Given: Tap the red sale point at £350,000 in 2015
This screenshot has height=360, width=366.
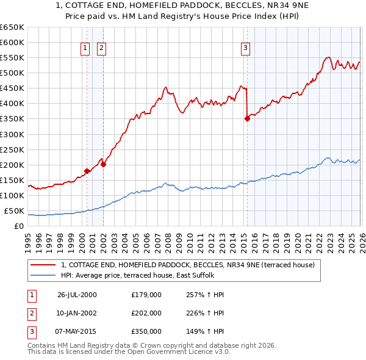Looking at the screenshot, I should [247, 118].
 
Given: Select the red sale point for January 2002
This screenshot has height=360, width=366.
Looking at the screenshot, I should [104, 164].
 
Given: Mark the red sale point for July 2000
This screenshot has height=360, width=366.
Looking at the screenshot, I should [87, 171].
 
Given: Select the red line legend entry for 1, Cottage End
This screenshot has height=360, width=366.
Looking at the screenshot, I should [187, 265].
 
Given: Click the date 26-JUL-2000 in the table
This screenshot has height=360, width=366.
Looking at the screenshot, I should [77, 295].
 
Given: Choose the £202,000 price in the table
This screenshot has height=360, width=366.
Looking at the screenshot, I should [146, 313].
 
